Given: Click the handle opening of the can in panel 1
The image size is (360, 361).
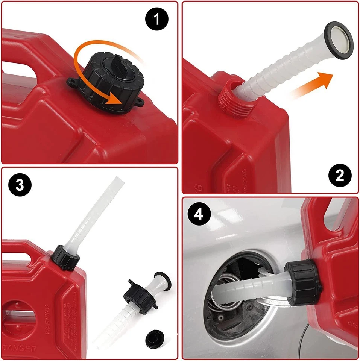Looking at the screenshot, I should click(x=21, y=68).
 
